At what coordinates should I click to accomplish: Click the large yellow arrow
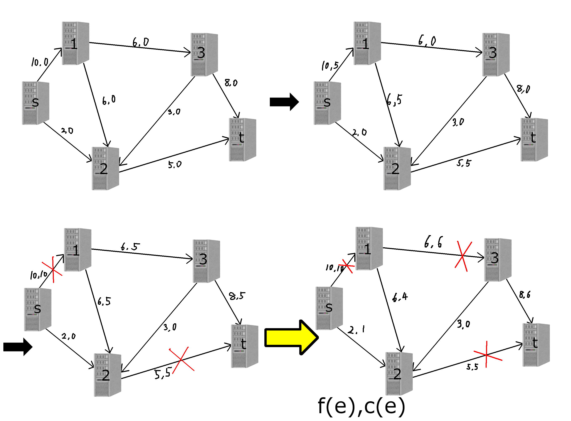[x=290, y=337]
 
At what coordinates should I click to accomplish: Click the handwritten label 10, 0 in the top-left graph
[x=40, y=62]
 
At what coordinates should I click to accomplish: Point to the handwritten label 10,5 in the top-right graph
[x=330, y=65]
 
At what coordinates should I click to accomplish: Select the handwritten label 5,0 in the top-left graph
[x=175, y=164]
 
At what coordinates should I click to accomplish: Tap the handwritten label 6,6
[x=433, y=242]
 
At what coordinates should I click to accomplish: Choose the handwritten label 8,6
[x=525, y=295]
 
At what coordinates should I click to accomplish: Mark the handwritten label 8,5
[x=237, y=296]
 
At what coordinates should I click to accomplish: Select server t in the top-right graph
[x=534, y=139]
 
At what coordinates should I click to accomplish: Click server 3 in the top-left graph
[x=204, y=54]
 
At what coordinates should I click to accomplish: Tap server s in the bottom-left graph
[x=38, y=309]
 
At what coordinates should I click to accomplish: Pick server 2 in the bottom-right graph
[x=399, y=374]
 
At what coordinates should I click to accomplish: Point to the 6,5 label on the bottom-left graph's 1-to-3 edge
[x=130, y=246]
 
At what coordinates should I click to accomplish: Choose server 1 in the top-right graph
[x=367, y=43]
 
